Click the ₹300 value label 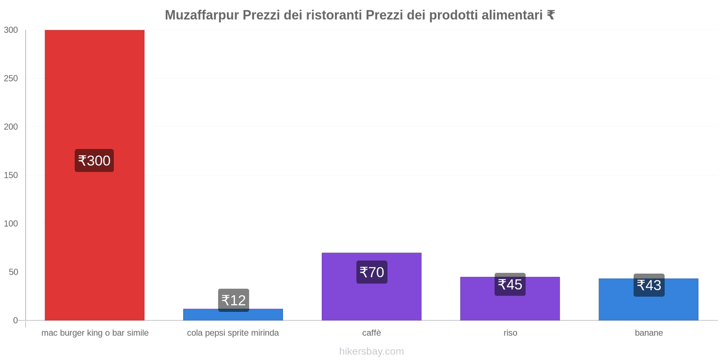(94, 161)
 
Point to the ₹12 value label (234, 300)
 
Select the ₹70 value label (372, 272)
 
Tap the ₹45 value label (510, 284)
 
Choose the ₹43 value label (649, 285)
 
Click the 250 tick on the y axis (11, 78)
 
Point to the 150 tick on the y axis (11, 175)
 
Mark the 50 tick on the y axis (13, 272)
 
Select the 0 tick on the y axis (15, 320)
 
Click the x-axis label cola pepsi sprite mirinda (233, 333)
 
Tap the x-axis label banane (648, 333)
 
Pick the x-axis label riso (510, 333)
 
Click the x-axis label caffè (371, 333)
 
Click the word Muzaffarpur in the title (202, 15)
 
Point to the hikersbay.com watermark (371, 351)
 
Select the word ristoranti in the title (334, 15)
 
